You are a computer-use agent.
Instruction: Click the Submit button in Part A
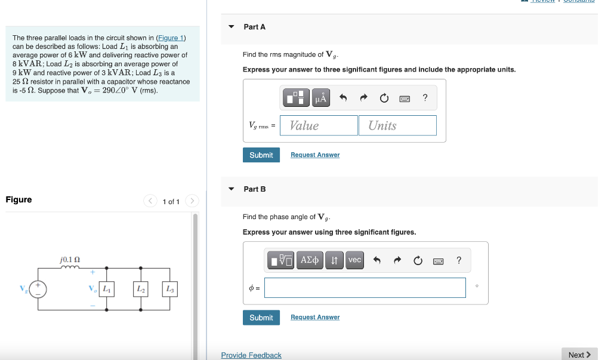click(x=261, y=155)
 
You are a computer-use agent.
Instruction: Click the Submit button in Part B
click(x=261, y=318)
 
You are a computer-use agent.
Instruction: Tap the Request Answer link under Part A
click(x=315, y=155)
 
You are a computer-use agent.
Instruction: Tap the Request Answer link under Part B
click(x=315, y=318)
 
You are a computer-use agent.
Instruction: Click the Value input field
click(x=319, y=125)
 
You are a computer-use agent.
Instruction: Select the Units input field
click(x=397, y=125)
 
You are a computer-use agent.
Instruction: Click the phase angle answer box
click(x=365, y=288)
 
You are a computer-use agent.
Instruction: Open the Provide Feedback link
click(x=251, y=355)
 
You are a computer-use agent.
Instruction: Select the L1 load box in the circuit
click(x=107, y=289)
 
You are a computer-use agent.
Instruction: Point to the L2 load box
click(x=141, y=289)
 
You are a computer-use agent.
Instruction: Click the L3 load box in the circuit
click(x=170, y=289)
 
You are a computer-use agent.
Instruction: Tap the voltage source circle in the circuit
click(x=39, y=289)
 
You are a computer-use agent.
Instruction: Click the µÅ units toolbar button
click(x=320, y=97)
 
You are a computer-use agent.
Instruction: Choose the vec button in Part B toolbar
click(x=354, y=260)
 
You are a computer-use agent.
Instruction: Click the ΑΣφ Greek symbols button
click(x=310, y=260)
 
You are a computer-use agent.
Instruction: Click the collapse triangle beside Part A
click(x=232, y=27)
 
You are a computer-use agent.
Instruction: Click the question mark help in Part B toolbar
click(x=458, y=260)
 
